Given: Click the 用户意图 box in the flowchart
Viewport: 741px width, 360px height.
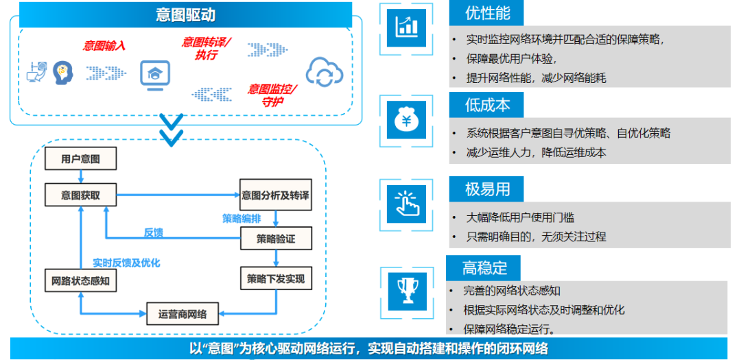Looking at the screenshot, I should [80, 159].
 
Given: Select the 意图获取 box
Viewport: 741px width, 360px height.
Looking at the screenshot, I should [80, 195].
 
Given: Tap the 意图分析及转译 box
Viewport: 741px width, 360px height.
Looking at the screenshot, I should [275, 195].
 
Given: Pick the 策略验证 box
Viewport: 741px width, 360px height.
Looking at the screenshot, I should [275, 238].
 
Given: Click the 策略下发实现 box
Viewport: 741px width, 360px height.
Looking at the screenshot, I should [275, 279].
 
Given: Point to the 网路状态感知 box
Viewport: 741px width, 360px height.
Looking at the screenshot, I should [80, 280].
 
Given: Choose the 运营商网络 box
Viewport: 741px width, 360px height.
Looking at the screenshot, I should [183, 314].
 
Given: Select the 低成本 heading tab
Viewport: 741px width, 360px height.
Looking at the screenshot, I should [487, 105].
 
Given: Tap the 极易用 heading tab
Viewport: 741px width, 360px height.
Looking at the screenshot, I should [487, 188].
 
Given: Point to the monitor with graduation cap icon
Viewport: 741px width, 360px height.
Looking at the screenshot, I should [154, 73].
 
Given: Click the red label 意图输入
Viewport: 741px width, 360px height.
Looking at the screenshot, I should [104, 46].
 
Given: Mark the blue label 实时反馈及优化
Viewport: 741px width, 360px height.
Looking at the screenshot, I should [126, 263].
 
